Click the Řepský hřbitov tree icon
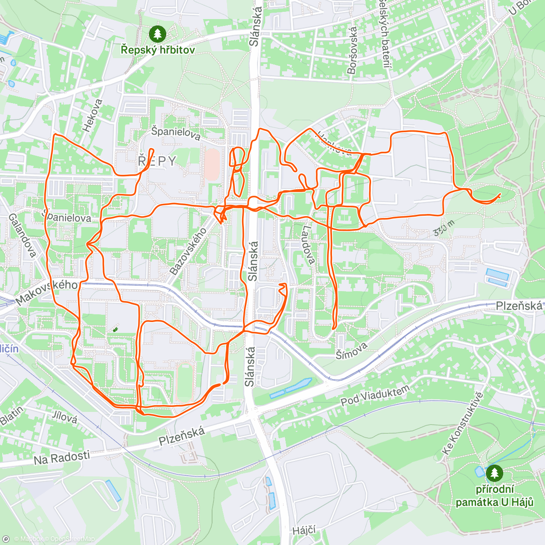point(158,33)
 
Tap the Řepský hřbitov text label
point(158,50)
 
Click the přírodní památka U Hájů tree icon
point(494,473)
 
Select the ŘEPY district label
point(157,161)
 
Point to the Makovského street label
point(46,292)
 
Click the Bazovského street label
point(188,251)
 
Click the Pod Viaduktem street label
point(375,395)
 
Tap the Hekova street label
point(93,116)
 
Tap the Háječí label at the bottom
point(304,530)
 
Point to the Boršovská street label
point(352,50)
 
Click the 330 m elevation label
point(443,228)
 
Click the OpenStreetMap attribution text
point(72,539)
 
